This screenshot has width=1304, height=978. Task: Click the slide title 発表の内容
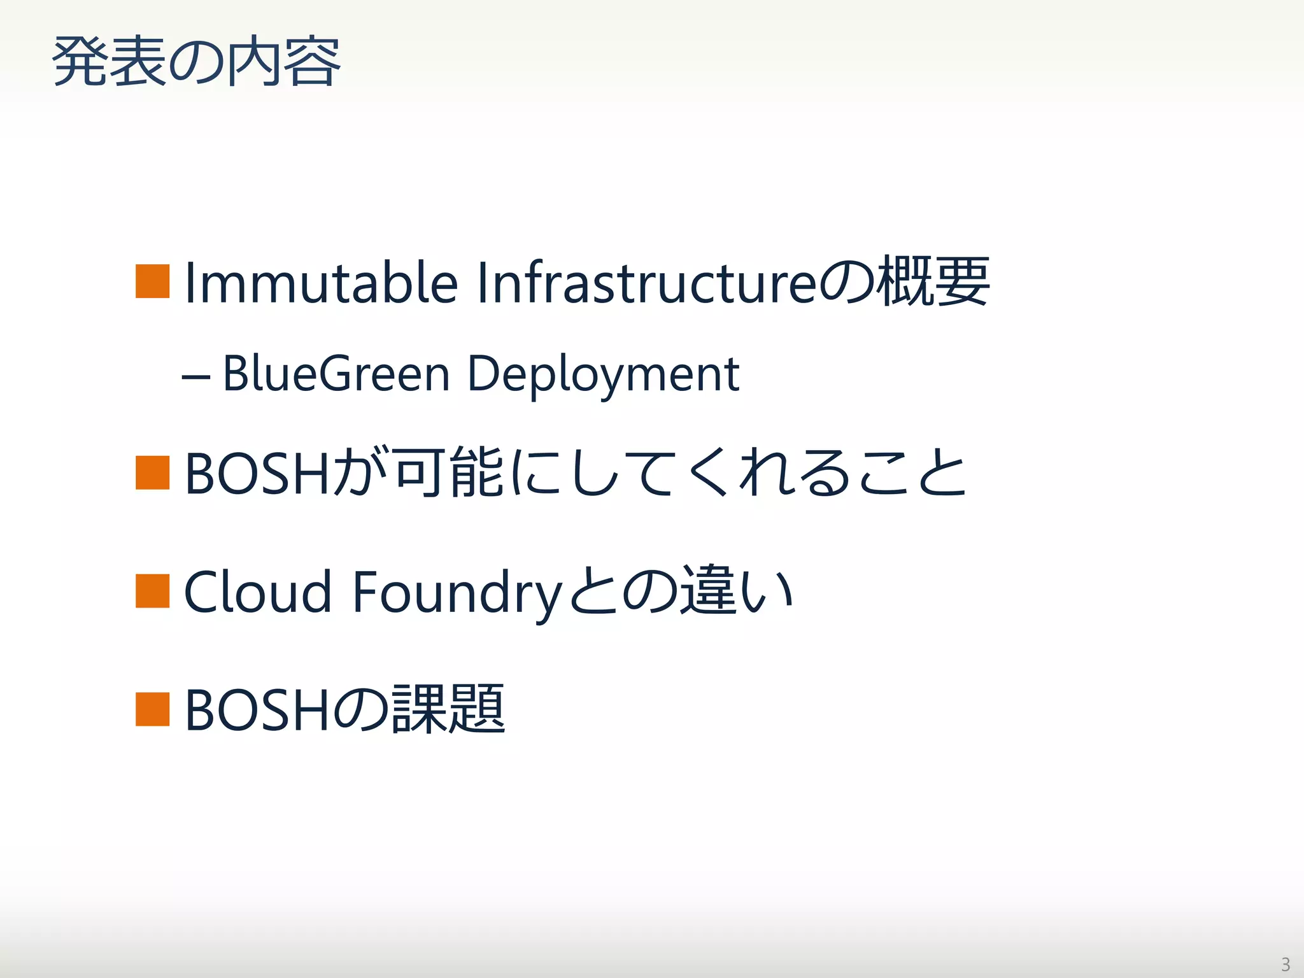[196, 62]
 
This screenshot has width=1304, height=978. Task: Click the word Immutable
[321, 283]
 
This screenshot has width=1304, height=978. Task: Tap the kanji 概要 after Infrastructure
[933, 281]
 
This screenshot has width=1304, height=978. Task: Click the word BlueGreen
[336, 374]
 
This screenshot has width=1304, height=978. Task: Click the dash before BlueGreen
[195, 376]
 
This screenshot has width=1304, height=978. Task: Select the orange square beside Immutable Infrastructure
[153, 281]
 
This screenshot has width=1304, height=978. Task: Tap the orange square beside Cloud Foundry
[153, 591]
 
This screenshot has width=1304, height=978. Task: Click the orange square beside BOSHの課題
[153, 709]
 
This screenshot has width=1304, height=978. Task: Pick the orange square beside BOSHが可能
[153, 472]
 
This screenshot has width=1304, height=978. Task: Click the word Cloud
[258, 592]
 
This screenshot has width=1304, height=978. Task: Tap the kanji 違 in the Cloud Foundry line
[707, 591]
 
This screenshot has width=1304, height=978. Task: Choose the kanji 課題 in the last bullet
[448, 709]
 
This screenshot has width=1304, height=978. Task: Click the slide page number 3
[1286, 964]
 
